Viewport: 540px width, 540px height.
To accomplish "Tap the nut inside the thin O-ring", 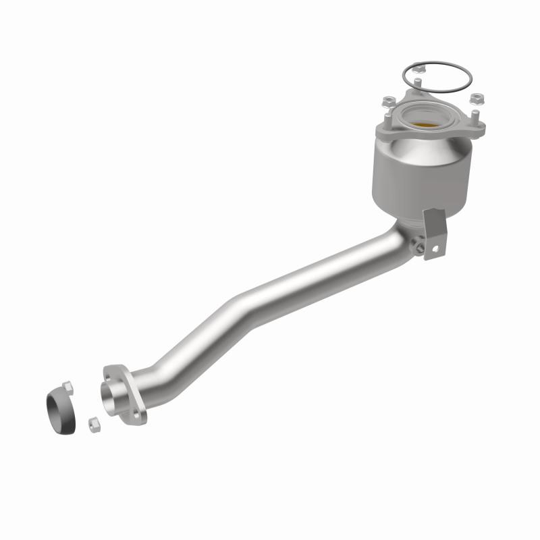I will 418,67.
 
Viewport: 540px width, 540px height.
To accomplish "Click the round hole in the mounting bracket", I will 434,248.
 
